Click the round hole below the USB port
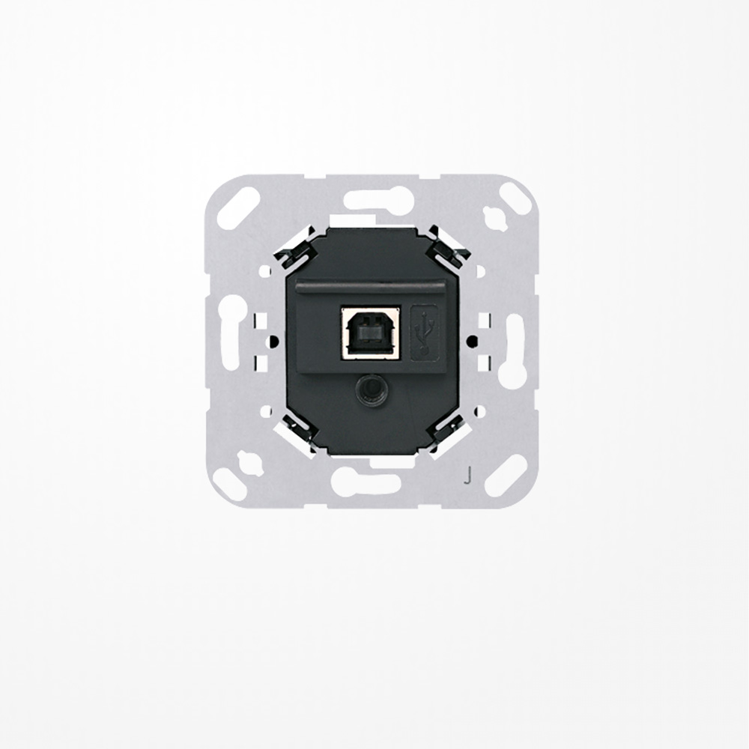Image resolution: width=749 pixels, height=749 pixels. point(368,389)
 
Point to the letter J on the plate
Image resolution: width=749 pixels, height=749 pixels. point(468,474)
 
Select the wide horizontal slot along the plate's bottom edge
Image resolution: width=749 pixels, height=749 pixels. point(366,483)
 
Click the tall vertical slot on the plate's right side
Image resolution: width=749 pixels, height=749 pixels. point(515,341)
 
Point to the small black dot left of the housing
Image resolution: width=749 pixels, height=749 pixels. point(273,341)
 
